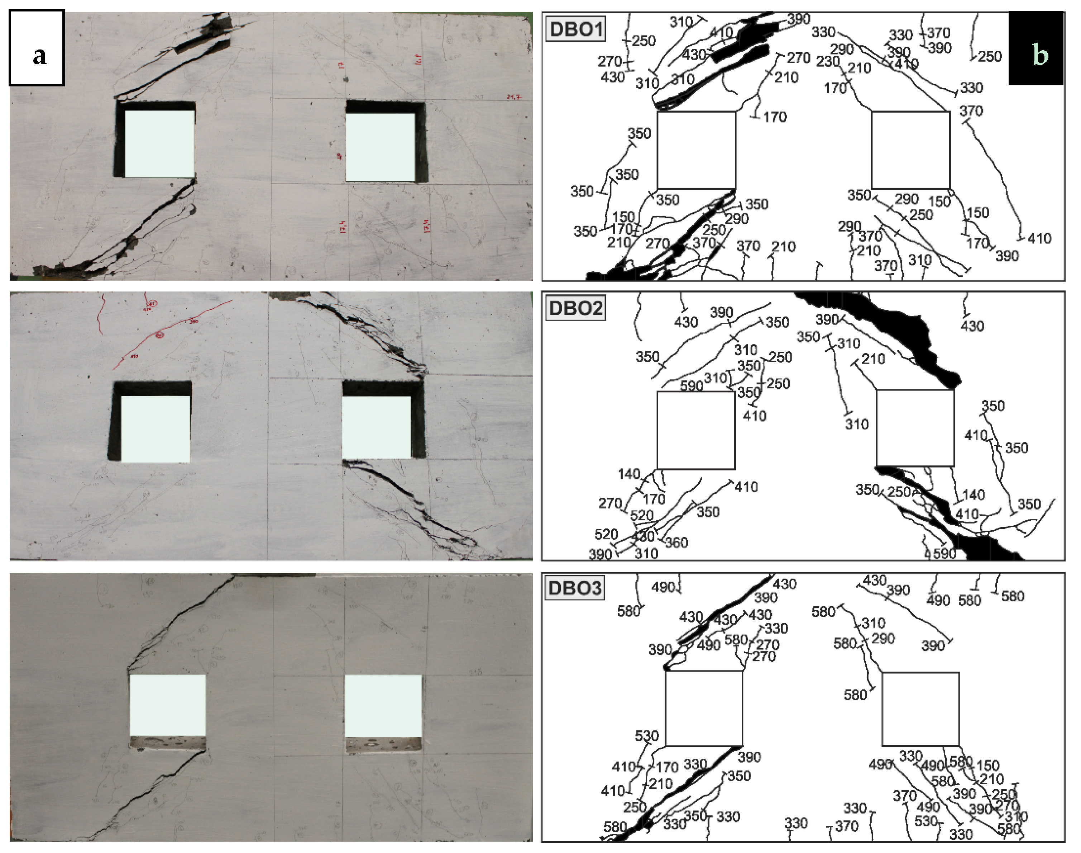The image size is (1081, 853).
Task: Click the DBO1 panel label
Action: tap(575, 29)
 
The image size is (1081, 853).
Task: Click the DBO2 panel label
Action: tap(575, 308)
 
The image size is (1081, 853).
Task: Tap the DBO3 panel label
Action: tap(574, 588)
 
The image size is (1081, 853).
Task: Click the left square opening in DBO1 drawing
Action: tap(696, 150)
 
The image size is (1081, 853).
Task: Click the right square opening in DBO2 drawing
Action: tap(915, 428)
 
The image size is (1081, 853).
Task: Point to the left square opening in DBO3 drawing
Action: tap(704, 708)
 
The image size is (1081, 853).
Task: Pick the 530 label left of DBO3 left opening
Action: tap(646, 736)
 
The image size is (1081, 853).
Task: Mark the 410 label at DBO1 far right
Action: tap(1039, 238)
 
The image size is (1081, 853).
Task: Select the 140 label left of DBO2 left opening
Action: tap(628, 474)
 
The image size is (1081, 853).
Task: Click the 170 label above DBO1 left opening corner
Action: tap(775, 117)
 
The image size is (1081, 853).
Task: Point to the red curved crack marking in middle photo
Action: tap(170, 330)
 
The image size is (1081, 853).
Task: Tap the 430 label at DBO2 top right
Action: tap(972, 326)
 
